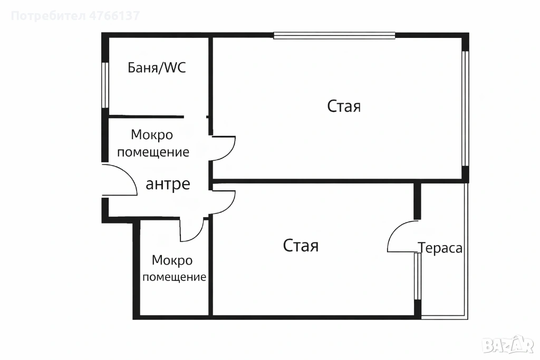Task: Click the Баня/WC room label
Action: [157, 67]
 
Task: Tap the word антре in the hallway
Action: [168, 184]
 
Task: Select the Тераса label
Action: [440, 248]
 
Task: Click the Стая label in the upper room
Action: [344, 106]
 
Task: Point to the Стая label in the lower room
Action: [301, 246]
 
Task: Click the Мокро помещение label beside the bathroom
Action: [153, 143]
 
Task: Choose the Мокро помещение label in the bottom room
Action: [174, 268]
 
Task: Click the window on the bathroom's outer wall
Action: [105, 85]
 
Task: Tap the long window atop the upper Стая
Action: [334, 35]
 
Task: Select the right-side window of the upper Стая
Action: [465, 109]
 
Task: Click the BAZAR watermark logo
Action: [508, 345]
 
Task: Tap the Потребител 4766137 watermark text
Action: [75, 16]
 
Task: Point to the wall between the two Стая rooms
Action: [337, 181]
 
